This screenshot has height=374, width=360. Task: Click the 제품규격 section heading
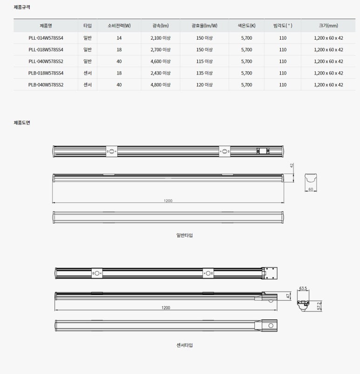coord(22,7)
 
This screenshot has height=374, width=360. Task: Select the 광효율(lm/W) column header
coord(204,26)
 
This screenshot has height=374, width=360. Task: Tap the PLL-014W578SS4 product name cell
coord(46,38)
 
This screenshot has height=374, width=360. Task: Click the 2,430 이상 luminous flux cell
coord(161,73)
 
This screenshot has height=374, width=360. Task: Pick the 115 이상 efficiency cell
coord(204,61)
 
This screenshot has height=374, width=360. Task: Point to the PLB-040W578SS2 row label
coord(46,85)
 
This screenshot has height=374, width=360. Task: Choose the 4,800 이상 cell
coord(161,85)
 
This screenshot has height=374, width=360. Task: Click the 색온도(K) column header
coord(246,26)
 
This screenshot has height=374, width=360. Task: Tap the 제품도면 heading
coord(22,123)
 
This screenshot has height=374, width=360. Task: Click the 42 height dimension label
coord(292,165)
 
